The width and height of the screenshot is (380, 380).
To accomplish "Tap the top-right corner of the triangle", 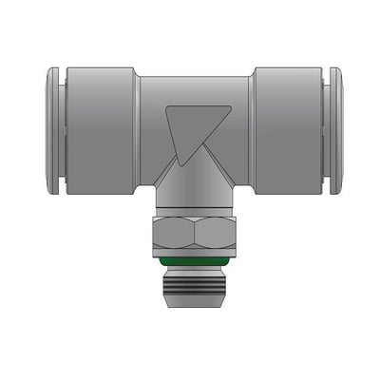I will [x=230, y=106].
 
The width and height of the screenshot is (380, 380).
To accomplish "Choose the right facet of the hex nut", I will [x=213, y=233].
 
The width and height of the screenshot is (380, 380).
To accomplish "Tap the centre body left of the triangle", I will [x=152, y=142].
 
